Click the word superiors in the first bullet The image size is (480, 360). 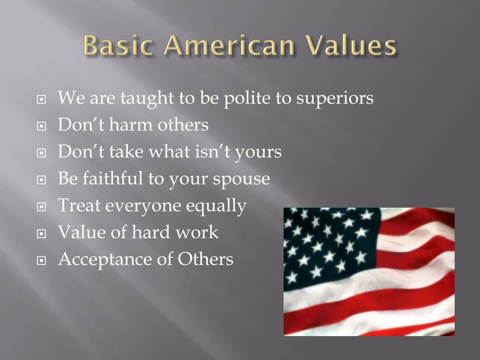335,98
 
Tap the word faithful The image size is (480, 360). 108,179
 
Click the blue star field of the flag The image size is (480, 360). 328,244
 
